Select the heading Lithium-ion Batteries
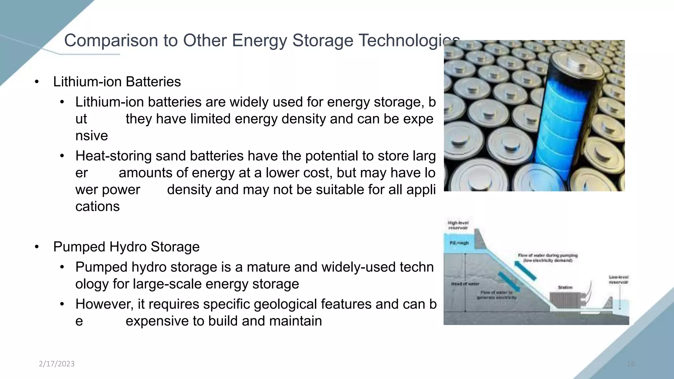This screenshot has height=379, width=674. (x=117, y=82)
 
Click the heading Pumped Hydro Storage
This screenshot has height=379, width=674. (x=126, y=247)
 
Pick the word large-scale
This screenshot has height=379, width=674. (x=167, y=284)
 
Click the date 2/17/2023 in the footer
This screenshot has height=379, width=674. (x=57, y=364)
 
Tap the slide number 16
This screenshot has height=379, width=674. (x=631, y=364)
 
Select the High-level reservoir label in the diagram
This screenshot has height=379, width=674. (x=458, y=225)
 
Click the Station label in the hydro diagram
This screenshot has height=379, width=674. (x=565, y=287)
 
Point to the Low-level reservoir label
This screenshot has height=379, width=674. (x=618, y=280)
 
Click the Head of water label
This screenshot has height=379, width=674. (x=465, y=284)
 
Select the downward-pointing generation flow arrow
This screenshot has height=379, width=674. (x=509, y=282)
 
